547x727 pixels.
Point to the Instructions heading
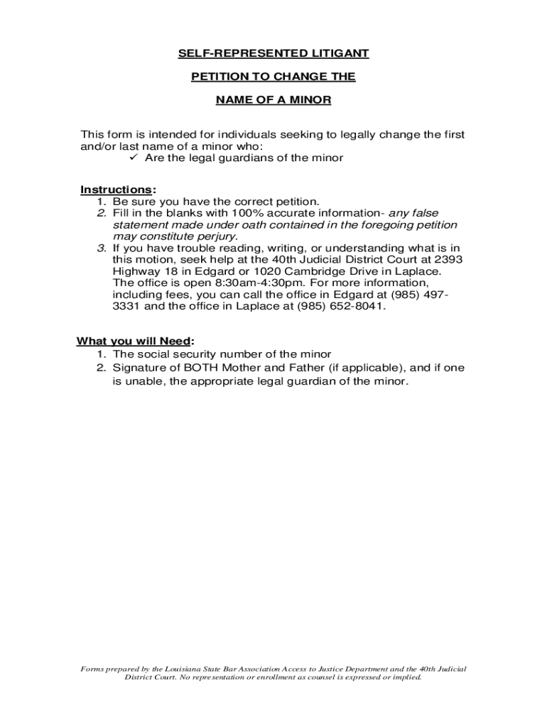115,190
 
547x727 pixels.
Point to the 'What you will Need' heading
134,341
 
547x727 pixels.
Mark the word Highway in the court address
136,271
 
